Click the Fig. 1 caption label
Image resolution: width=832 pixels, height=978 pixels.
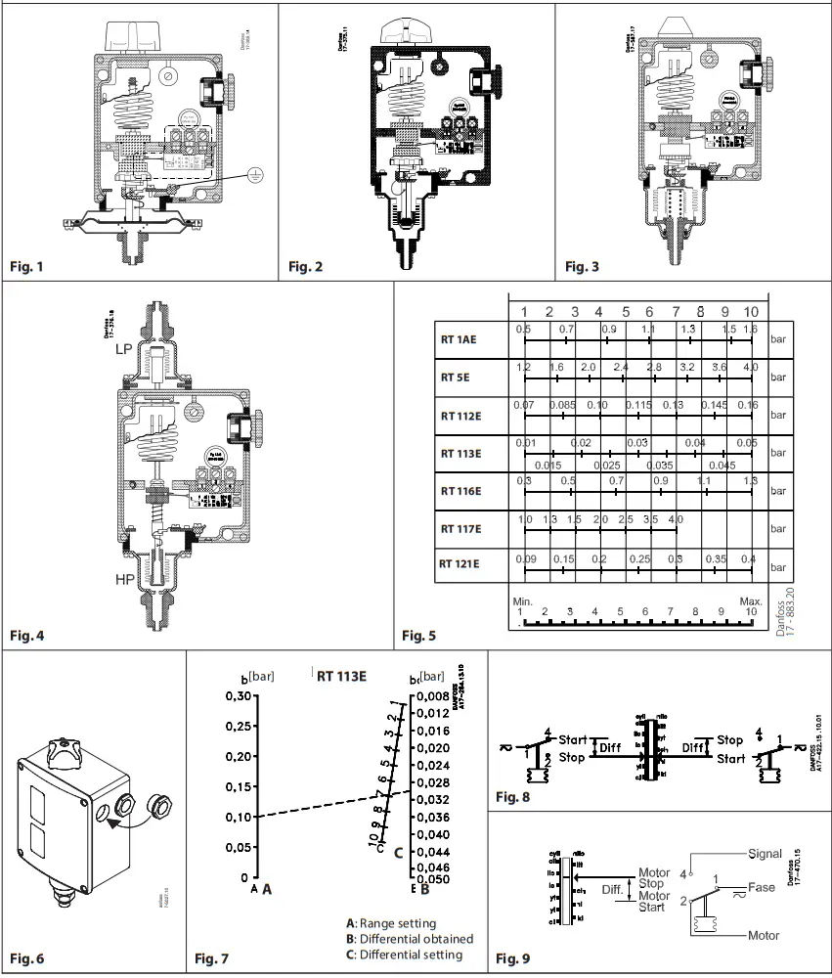point(26,265)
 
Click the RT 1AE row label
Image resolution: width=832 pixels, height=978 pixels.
point(460,341)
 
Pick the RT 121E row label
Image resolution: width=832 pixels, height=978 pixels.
point(460,563)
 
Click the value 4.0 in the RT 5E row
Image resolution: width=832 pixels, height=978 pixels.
point(750,367)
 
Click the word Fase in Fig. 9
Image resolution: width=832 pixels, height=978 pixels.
point(762,888)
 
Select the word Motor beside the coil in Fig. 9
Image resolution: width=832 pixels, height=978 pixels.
point(764,936)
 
